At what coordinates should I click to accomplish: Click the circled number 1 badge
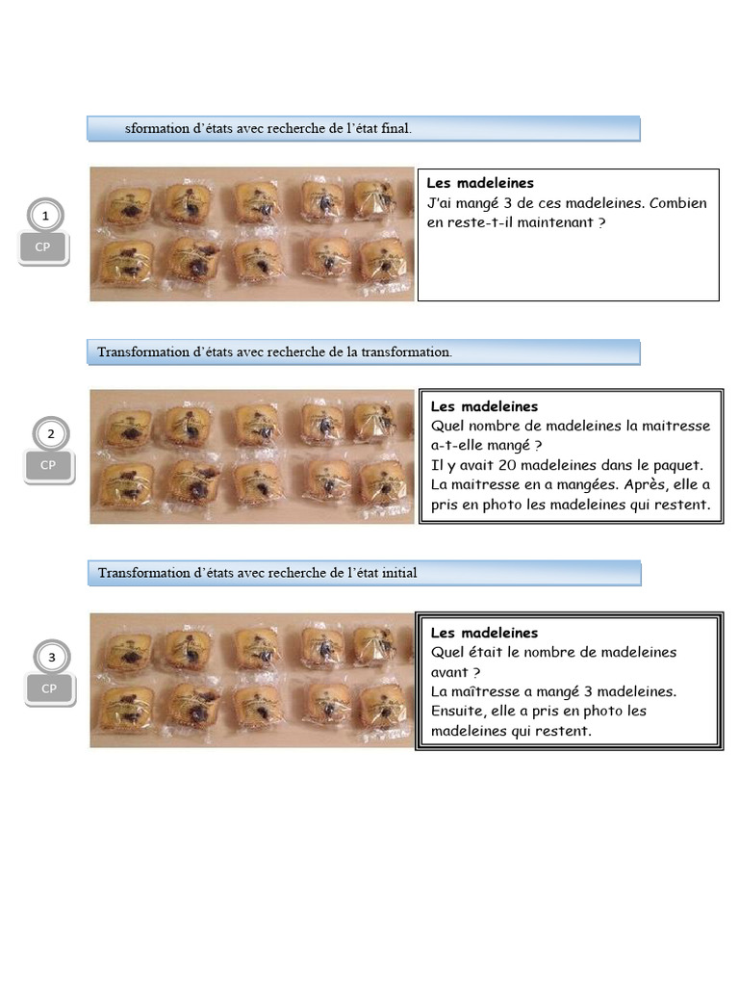pyautogui.click(x=45, y=216)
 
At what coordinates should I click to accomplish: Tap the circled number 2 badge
pyautogui.click(x=51, y=434)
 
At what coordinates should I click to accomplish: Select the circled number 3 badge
pyautogui.click(x=52, y=657)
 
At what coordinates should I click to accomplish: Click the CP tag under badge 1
pyautogui.click(x=42, y=247)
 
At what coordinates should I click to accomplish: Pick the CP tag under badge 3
pyautogui.click(x=50, y=689)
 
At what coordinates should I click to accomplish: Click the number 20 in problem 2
pyautogui.click(x=507, y=465)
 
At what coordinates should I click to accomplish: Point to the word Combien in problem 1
pyautogui.click(x=678, y=203)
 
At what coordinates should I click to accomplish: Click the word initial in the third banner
pyautogui.click(x=399, y=573)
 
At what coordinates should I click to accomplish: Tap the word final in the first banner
pyautogui.click(x=395, y=128)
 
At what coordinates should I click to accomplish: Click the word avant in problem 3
pyautogui.click(x=451, y=672)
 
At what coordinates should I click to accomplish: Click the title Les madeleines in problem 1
pyautogui.click(x=480, y=183)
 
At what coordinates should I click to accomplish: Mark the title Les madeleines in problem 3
pyautogui.click(x=485, y=633)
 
